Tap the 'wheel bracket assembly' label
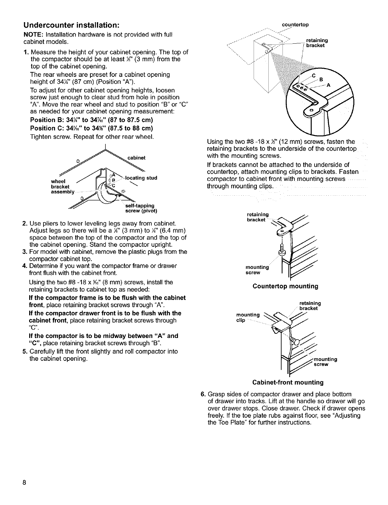pyautogui.click(x=63, y=187)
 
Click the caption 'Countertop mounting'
pyautogui.click(x=285, y=286)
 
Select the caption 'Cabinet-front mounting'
pyautogui.click(x=288, y=382)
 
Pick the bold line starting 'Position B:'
pyautogui.click(x=91, y=120)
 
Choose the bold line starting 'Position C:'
pyautogui.click(x=91, y=128)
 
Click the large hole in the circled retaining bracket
pyautogui.click(x=311, y=110)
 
